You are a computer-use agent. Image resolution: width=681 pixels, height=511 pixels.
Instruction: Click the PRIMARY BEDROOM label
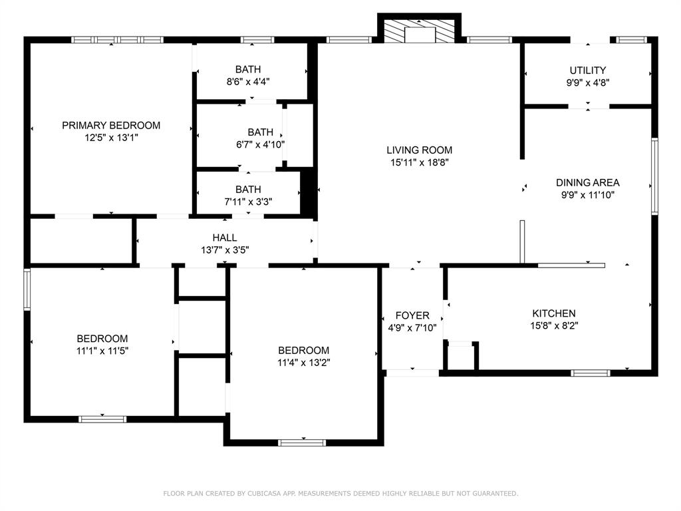(x=111, y=126)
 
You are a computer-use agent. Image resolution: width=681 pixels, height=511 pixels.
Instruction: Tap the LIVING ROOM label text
(x=419, y=150)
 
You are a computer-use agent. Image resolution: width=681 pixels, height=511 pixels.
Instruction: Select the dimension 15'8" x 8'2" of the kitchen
(x=554, y=325)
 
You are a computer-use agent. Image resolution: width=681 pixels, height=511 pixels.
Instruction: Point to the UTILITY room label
(x=588, y=71)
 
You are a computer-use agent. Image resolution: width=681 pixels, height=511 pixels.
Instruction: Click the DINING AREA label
(x=588, y=182)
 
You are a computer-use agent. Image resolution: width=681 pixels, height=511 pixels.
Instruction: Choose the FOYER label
(x=412, y=315)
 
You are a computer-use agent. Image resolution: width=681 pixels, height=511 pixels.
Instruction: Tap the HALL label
(x=225, y=238)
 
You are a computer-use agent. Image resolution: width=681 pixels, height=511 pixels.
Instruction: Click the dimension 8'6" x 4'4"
(x=248, y=82)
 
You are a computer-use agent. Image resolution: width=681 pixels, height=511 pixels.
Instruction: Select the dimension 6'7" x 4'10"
(x=260, y=144)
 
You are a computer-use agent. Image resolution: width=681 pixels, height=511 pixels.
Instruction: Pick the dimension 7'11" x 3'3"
(x=248, y=202)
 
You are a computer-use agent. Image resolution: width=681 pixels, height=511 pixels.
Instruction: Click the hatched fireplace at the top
(x=419, y=31)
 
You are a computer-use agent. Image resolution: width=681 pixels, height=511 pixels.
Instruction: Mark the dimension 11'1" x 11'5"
(x=102, y=351)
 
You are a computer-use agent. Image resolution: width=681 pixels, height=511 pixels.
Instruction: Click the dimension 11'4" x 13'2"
(x=303, y=363)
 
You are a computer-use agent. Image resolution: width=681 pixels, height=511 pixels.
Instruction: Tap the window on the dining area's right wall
(x=654, y=176)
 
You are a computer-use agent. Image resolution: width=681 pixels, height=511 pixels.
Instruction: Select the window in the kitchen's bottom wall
(x=591, y=373)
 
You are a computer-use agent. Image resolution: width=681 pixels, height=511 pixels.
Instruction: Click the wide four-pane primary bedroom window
(x=117, y=40)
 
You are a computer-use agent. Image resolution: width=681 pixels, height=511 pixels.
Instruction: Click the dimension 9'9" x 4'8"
(x=588, y=83)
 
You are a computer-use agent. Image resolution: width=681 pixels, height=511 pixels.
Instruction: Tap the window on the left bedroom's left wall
(x=27, y=289)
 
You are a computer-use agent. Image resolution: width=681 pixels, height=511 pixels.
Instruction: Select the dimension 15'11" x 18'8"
(x=419, y=162)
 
